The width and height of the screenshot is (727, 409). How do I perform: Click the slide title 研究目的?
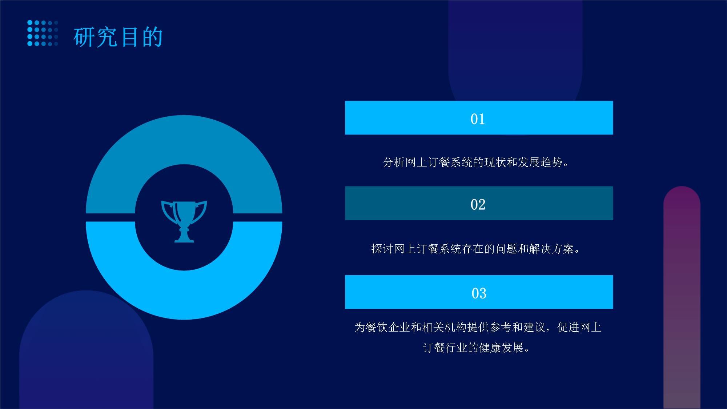118,37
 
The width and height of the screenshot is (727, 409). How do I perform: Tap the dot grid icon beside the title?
43,33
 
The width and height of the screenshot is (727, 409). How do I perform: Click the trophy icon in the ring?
184,221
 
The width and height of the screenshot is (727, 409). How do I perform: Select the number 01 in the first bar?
478,119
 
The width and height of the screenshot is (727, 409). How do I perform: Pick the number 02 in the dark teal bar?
478,204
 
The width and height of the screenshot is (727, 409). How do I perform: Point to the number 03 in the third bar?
479,293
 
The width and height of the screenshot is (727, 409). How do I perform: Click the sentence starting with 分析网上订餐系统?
476,162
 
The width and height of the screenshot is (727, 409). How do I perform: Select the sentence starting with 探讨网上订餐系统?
476,249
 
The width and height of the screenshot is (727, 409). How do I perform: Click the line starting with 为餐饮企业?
478,327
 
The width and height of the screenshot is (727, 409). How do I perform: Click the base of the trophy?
184,236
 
